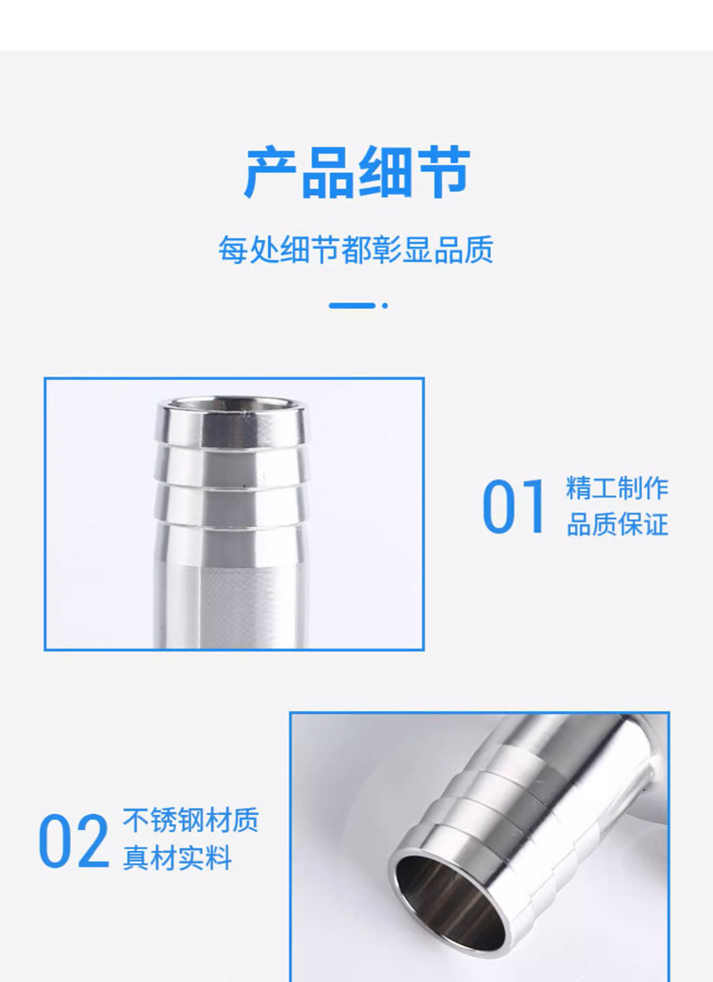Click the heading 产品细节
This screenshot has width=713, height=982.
coord(356,172)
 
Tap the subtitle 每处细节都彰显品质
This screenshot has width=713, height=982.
coord(356,249)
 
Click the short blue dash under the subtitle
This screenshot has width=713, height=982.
coord(352,306)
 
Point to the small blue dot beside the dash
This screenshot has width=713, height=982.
coord(385,306)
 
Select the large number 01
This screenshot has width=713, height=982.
coord(513,506)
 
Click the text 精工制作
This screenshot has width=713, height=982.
coord(617,488)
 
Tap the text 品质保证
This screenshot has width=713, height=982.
coord(617,524)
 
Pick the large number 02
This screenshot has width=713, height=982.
coord(73,840)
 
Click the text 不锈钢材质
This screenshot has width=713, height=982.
coord(190,820)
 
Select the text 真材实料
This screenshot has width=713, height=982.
coord(177,857)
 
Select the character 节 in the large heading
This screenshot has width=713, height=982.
coord(443,172)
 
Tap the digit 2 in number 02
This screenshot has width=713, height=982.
coord(93,840)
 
